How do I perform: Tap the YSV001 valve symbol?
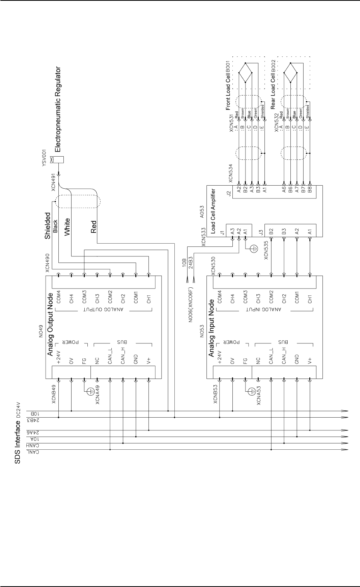(59, 160)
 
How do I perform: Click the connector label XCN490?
(48, 263)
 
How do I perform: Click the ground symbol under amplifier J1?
(253, 249)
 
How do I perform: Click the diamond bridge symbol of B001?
(246, 72)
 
